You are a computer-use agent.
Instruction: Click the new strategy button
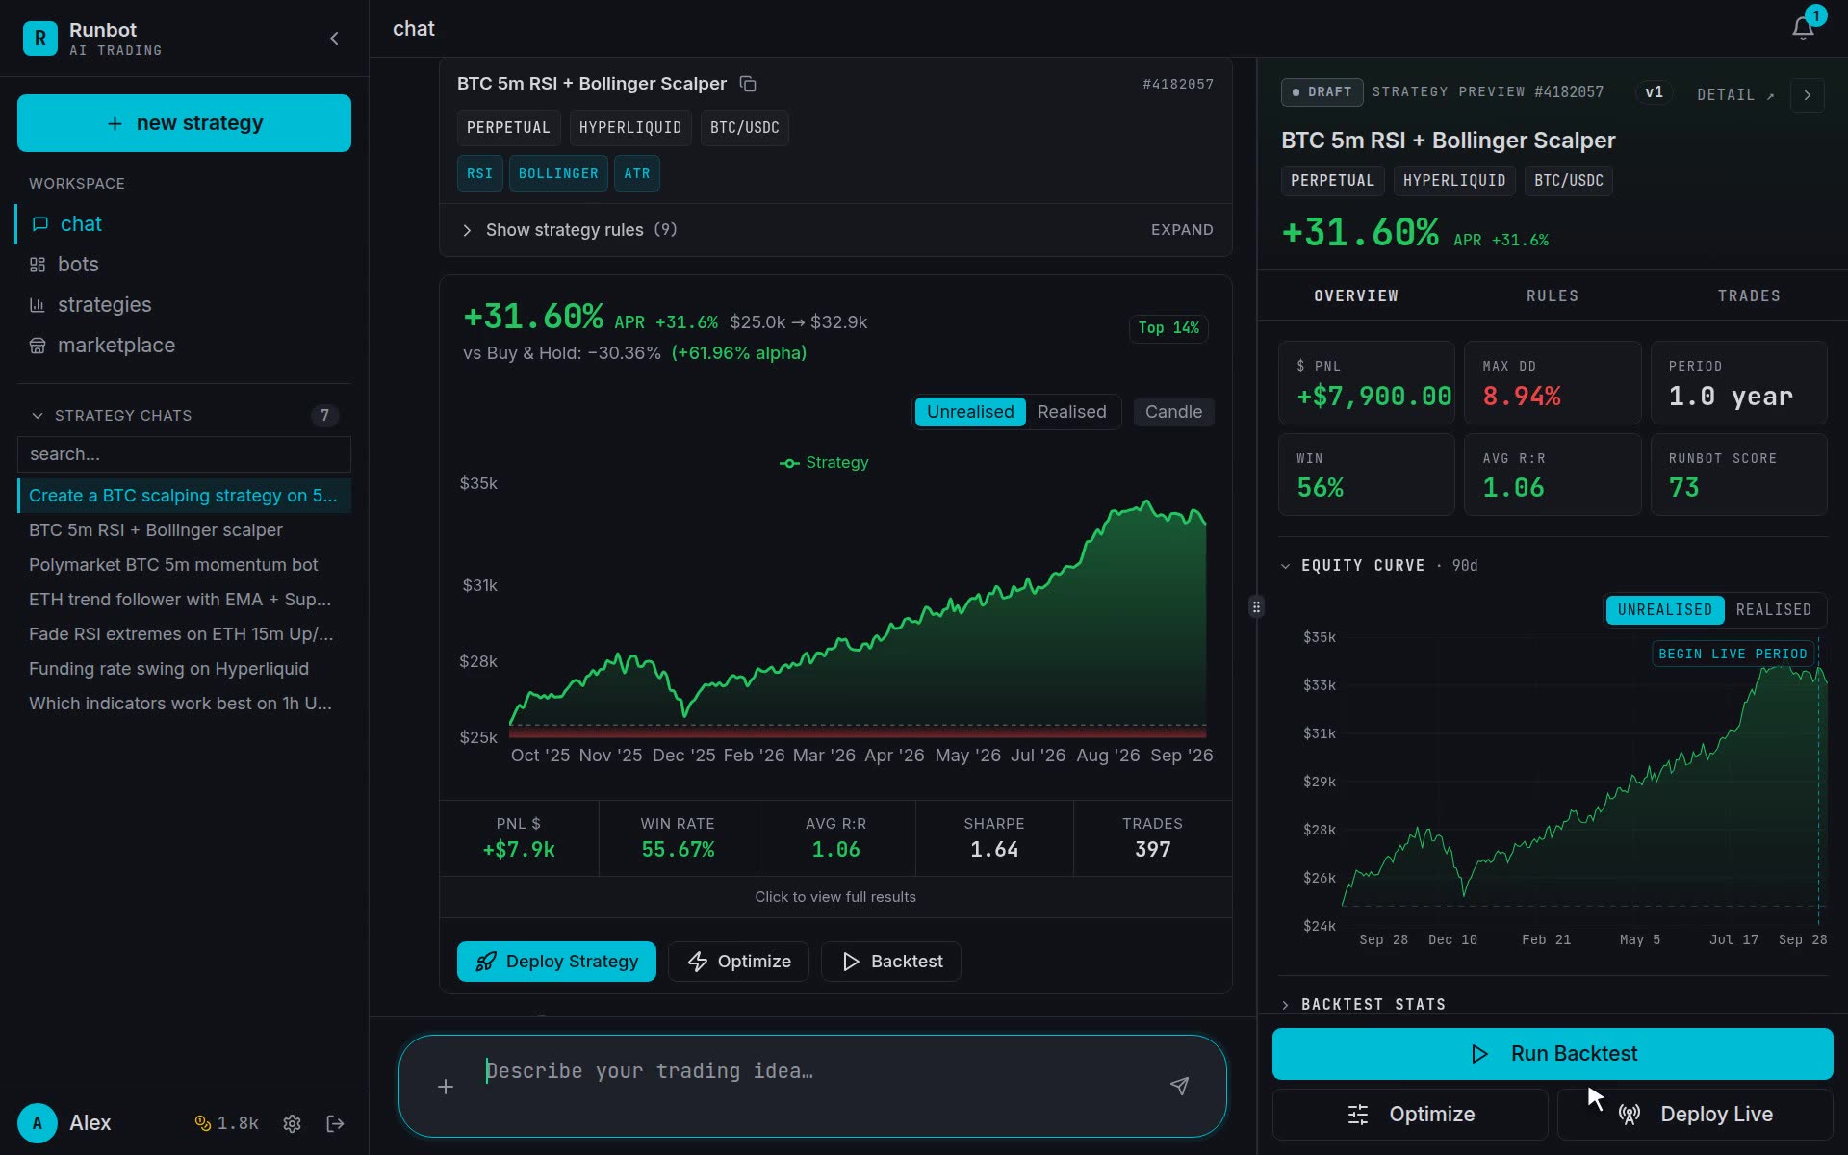pos(184,123)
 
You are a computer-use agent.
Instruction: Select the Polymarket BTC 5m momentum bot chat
pos(173,565)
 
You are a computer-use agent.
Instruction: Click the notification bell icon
pos(1803,29)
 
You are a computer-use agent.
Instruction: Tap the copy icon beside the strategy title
pos(748,84)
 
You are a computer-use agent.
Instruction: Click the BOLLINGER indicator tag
pos(558,174)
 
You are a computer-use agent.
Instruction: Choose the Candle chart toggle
pos(1173,412)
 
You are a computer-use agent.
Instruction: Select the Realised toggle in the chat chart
pos(1071,412)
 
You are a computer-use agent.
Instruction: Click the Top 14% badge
pos(1168,328)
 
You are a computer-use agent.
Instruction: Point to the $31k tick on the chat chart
pos(479,585)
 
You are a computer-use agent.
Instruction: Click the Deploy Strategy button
pos(556,962)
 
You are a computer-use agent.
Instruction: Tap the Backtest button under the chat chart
pos(891,962)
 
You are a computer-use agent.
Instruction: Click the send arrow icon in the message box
pos(1179,1086)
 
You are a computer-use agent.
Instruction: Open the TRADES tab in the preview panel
pos(1749,296)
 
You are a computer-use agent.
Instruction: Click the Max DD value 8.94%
pos(1522,397)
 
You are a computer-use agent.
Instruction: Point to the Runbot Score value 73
pos(1684,488)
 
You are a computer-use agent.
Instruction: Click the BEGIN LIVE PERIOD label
pos(1732,654)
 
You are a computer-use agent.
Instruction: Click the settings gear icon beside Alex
pos(293,1123)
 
